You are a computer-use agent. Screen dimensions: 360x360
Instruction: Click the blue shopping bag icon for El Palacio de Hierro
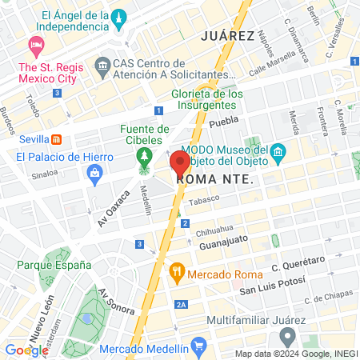[95, 171]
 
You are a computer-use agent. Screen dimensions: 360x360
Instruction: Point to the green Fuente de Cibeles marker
[145, 154]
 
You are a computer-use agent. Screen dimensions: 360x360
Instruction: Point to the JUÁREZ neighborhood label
[228, 36]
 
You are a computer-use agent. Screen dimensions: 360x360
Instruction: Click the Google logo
[26, 350]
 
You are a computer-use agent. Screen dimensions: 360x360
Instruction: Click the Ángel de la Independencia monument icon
[119, 18]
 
